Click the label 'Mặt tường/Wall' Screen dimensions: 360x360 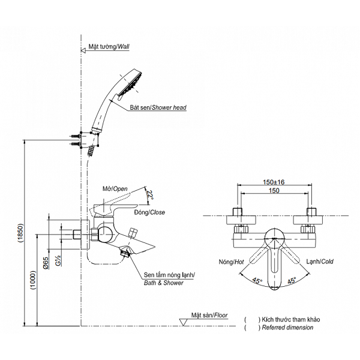[109, 47]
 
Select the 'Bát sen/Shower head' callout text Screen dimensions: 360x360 [158, 107]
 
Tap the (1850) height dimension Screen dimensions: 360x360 [20, 233]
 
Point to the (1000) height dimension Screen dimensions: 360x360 [34, 280]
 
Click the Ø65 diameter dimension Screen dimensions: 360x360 [46, 263]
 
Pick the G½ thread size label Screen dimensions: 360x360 [59, 260]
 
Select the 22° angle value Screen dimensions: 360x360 [150, 195]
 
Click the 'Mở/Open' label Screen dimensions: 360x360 [115, 189]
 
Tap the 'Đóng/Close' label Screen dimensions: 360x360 [149, 212]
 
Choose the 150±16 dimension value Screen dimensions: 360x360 [274, 182]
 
